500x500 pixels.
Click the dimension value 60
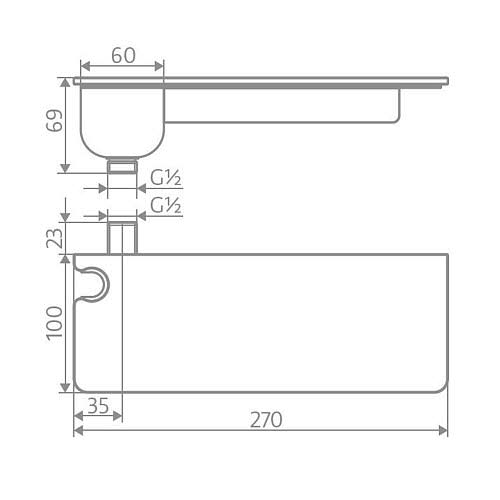(x=124, y=55)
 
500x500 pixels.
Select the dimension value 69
(x=55, y=120)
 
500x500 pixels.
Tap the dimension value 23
(x=55, y=238)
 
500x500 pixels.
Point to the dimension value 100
(x=54, y=323)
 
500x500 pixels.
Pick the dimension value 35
(x=98, y=406)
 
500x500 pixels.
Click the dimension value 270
(x=266, y=420)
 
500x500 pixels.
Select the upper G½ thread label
(x=166, y=177)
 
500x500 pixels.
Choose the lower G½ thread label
(x=166, y=205)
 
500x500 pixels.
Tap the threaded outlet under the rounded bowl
(x=122, y=166)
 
